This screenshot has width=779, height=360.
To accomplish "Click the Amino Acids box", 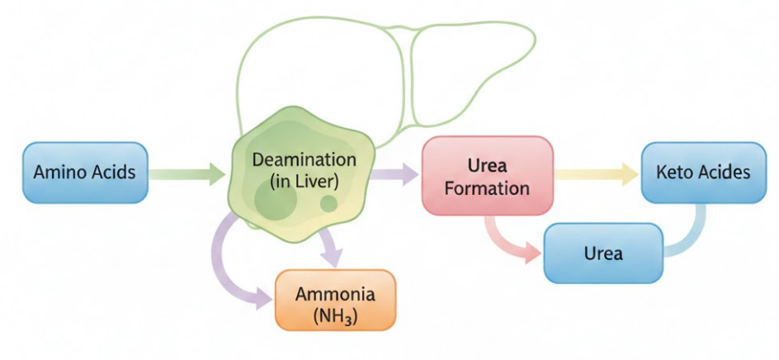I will [x=85, y=173].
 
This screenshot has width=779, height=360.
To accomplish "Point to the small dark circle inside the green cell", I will [x=328, y=203].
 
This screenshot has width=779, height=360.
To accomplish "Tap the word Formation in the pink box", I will [x=487, y=188].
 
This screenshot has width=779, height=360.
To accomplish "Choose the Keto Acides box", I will [x=702, y=173].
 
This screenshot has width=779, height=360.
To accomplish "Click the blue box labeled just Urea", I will [x=602, y=253].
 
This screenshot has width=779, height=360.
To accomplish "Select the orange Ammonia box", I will [x=335, y=302].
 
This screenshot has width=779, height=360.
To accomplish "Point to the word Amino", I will [x=59, y=173].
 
